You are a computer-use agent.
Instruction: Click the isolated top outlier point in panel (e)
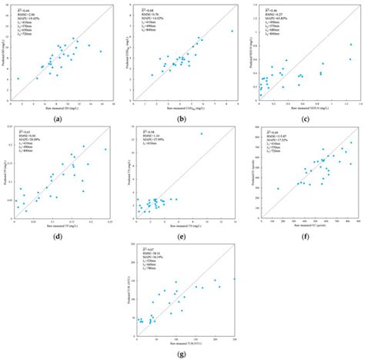(x=202, y=134)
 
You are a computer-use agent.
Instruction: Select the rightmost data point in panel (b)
(x=232, y=32)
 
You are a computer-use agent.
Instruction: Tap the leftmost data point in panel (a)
(x=18, y=78)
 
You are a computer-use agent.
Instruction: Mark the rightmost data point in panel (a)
(x=100, y=52)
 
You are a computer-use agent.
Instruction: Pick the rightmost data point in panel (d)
(x=105, y=150)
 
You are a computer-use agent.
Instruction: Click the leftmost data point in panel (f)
(x=278, y=188)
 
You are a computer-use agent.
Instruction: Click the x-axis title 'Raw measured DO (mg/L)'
(x=61, y=106)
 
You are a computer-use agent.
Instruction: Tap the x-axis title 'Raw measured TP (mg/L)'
(x=61, y=224)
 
